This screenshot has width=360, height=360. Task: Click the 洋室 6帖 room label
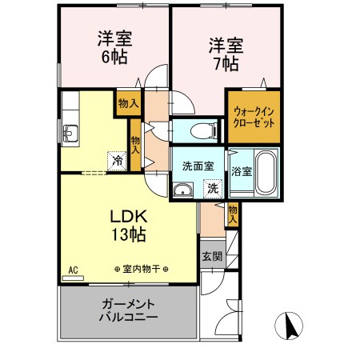pos(115,48)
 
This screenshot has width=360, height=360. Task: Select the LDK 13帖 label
pos(127,226)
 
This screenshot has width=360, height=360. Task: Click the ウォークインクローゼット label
pos(253,118)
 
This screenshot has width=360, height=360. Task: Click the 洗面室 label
pos(197,166)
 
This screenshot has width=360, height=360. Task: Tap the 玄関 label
pos(212,257)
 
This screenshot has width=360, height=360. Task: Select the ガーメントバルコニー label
pos(128,310)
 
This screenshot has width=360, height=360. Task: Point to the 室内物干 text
pos(141,270)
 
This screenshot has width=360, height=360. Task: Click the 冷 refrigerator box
pos(117,159)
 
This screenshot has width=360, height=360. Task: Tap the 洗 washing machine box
pos(213,189)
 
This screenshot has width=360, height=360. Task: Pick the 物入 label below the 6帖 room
pos(128,103)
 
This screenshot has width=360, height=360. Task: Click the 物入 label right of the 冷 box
pos(136,146)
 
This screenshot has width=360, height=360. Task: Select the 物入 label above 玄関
pos(232,212)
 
